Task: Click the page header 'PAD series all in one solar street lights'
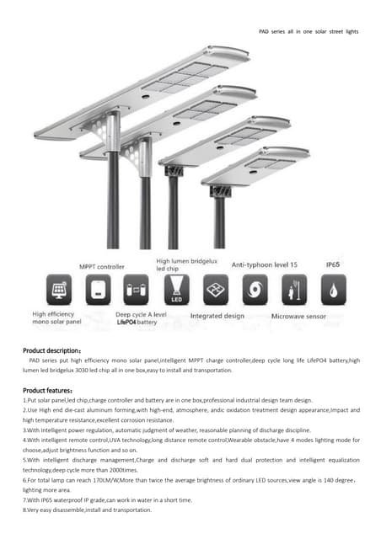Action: [308, 31]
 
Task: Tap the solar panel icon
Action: [61, 289]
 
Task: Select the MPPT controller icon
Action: [99, 289]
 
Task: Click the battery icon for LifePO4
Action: [136, 289]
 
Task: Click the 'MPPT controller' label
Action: [102, 266]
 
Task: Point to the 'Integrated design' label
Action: [217, 317]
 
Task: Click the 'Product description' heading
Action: [51, 350]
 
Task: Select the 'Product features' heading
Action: [47, 390]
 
